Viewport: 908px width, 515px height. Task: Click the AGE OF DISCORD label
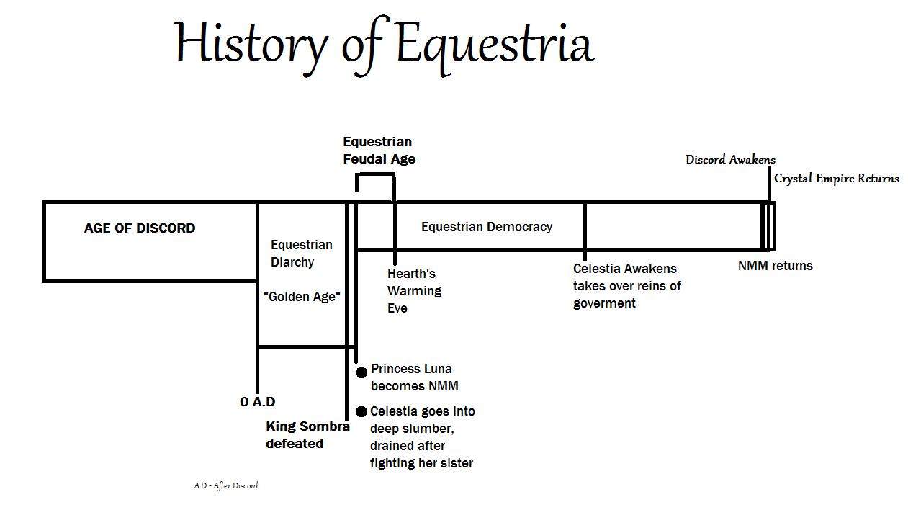(x=140, y=228)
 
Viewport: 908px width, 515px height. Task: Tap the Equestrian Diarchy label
(x=302, y=254)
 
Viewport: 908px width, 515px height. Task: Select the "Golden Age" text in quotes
(x=302, y=297)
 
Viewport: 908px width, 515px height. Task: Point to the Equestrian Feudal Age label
(x=379, y=151)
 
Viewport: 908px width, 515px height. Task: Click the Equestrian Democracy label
(x=487, y=227)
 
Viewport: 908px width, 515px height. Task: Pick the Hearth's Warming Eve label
(x=414, y=291)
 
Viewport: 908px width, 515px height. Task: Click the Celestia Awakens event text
(x=625, y=269)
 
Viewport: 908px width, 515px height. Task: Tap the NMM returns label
(x=775, y=266)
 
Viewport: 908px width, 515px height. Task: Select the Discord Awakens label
(x=730, y=160)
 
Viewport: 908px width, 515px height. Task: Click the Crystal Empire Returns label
(x=836, y=179)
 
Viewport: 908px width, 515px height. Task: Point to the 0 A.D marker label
(x=258, y=402)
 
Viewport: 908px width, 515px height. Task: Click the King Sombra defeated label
(x=307, y=435)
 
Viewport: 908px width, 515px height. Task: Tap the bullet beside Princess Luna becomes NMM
(x=361, y=372)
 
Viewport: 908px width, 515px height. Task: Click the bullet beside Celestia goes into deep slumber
(x=361, y=412)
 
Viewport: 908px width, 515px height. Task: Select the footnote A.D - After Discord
(x=226, y=485)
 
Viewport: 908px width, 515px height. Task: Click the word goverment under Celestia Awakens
(x=604, y=303)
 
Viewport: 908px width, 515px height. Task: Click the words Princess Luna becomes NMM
(x=413, y=377)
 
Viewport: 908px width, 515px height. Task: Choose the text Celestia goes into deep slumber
(x=422, y=420)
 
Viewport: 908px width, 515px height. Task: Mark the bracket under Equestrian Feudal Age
(x=375, y=175)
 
